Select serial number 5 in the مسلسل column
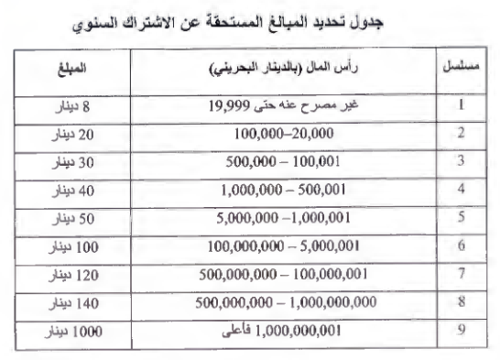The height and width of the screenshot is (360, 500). pyautogui.click(x=462, y=218)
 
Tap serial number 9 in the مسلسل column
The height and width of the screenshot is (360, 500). pyautogui.click(x=462, y=331)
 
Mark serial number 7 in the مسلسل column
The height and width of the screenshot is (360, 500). pyautogui.click(x=462, y=275)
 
